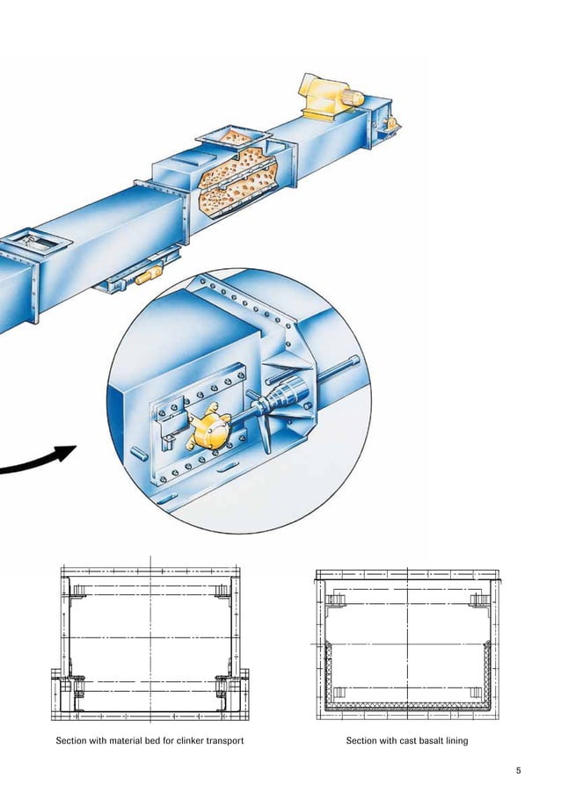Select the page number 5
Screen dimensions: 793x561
coord(519,771)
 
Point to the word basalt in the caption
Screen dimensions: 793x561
coord(426,741)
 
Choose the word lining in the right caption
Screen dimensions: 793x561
coord(456,741)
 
